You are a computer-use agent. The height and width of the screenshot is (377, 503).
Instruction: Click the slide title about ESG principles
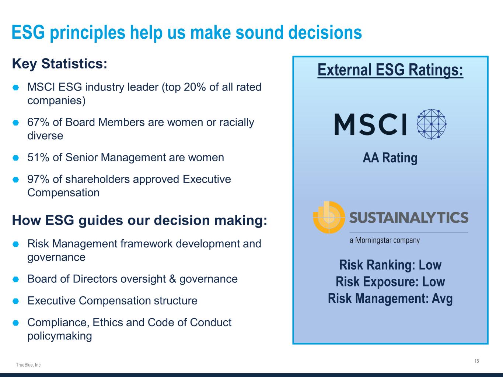pos(186,32)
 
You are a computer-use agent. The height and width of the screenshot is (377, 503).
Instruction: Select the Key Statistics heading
pos(60,64)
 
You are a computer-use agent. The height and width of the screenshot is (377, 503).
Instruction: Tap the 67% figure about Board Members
pos(38,122)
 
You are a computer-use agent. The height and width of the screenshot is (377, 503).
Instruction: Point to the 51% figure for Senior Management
pos(38,158)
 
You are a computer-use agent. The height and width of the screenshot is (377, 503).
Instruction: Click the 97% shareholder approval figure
pos(38,179)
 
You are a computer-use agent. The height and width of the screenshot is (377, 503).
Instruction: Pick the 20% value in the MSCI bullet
pos(195,87)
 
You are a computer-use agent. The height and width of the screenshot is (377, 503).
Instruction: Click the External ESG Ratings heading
pos(390,70)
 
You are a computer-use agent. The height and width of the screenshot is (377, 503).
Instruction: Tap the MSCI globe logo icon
pos(432,124)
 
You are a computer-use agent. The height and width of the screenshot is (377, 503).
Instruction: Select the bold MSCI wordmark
pos(371,124)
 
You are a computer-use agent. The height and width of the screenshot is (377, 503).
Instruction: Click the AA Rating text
pos(390,158)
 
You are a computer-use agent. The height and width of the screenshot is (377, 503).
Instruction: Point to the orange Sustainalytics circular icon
pos(329,218)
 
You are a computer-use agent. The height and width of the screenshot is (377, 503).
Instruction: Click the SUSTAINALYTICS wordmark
pos(409,218)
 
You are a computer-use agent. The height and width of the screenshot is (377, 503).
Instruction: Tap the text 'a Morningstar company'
pos(385,240)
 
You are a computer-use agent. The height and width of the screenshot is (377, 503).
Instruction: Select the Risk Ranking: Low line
pos(390,265)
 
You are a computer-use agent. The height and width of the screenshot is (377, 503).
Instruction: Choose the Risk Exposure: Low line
pos(390,282)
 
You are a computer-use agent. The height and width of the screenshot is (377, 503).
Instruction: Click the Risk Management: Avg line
pos(390,299)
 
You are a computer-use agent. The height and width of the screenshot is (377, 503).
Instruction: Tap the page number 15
pos(476,361)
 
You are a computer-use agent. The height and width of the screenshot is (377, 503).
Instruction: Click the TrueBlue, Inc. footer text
pos(29,365)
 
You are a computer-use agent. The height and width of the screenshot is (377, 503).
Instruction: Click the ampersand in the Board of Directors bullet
pos(172,279)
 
